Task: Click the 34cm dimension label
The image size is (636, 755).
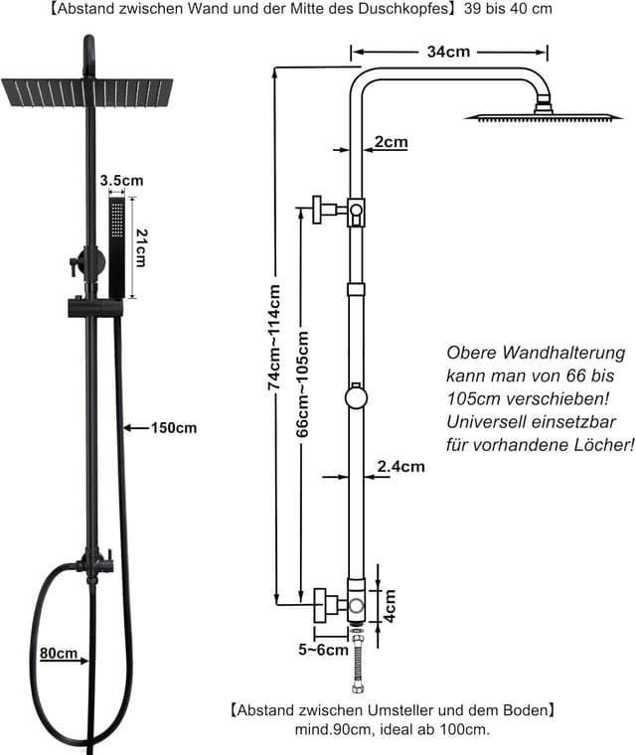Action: click(448, 52)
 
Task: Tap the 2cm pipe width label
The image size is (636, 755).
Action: click(391, 142)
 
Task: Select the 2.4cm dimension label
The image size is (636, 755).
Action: click(400, 466)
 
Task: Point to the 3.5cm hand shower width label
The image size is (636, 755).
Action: click(121, 181)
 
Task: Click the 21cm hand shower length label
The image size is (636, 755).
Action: click(141, 247)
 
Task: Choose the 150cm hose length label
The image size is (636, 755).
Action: click(174, 428)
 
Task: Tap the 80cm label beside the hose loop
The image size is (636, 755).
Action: click(59, 654)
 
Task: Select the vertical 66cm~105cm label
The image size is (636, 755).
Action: click(304, 382)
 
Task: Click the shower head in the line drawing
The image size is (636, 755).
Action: click(542, 115)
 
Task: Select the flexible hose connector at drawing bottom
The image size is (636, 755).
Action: click(356, 661)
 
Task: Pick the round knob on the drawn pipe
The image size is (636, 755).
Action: click(356, 398)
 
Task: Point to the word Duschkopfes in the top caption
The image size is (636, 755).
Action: click(406, 8)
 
